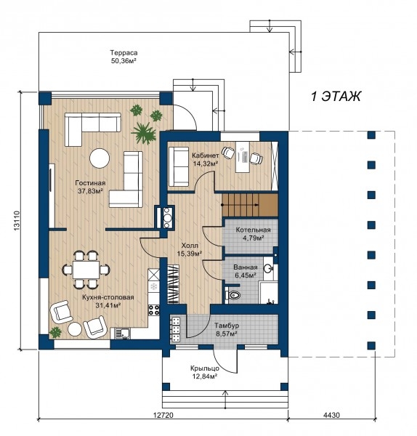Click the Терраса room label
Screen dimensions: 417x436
point(124,53)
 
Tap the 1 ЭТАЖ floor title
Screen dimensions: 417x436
point(336,97)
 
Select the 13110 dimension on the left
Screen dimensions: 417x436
point(17,220)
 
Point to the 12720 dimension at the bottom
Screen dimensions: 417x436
point(163,415)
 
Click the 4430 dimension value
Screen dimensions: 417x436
point(331,415)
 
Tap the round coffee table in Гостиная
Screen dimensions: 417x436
point(100,158)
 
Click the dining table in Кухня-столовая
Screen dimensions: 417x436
point(86,270)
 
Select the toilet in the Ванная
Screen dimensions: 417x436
point(232,295)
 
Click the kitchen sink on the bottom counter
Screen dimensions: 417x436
point(122,333)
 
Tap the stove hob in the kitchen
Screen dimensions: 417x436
point(154,310)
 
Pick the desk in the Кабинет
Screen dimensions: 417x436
point(243,157)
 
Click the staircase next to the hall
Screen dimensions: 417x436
point(250,205)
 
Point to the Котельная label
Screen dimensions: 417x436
point(253,230)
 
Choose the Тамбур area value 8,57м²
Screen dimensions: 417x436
point(226,333)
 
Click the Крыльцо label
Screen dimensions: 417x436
point(205,368)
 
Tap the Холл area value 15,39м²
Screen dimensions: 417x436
point(190,254)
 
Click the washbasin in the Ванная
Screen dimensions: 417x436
point(268,268)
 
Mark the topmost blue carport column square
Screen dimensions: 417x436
point(371,135)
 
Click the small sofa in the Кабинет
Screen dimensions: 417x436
point(179,166)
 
